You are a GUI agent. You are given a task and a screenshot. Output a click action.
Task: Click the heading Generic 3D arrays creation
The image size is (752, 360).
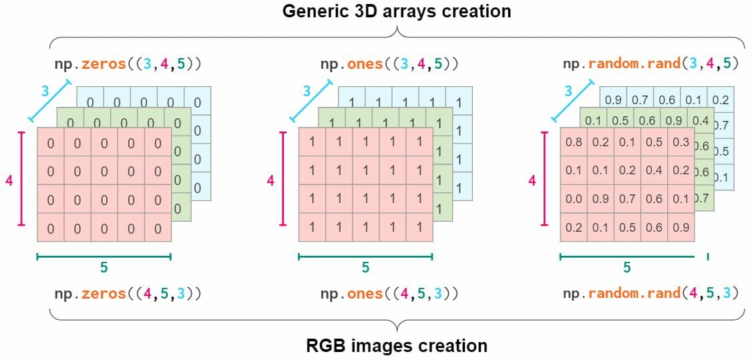pyautogui.click(x=397, y=11)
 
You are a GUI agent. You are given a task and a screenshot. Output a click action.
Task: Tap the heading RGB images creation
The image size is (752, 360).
pyautogui.click(x=397, y=345)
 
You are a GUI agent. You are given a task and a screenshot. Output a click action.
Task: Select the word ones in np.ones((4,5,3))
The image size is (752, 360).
pyautogui.click(x=365, y=293)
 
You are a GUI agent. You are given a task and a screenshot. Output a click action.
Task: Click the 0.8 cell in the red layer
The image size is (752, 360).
pyautogui.click(x=574, y=142)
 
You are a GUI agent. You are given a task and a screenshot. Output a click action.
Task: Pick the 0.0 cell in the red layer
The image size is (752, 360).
pyautogui.click(x=574, y=199)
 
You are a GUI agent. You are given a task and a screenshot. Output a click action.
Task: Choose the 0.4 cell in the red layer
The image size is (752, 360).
pyautogui.click(x=654, y=171)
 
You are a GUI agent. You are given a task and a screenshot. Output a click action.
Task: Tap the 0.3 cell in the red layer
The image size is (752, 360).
pyautogui.click(x=681, y=142)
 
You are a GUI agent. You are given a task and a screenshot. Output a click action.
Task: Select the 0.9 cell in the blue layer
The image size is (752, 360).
pyautogui.click(x=613, y=100)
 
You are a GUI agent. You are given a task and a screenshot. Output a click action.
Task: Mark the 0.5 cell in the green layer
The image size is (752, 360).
pyautogui.click(x=620, y=122)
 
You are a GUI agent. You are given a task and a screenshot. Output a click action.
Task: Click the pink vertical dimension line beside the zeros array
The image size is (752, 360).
pyautogui.click(x=21, y=179)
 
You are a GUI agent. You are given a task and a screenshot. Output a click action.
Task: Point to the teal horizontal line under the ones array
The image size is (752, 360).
pyautogui.click(x=365, y=257)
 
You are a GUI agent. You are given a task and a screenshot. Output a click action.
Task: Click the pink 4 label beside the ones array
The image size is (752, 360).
pyautogui.click(x=271, y=181)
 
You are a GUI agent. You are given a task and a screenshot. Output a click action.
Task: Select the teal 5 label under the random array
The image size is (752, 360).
pyautogui.click(x=627, y=267)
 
